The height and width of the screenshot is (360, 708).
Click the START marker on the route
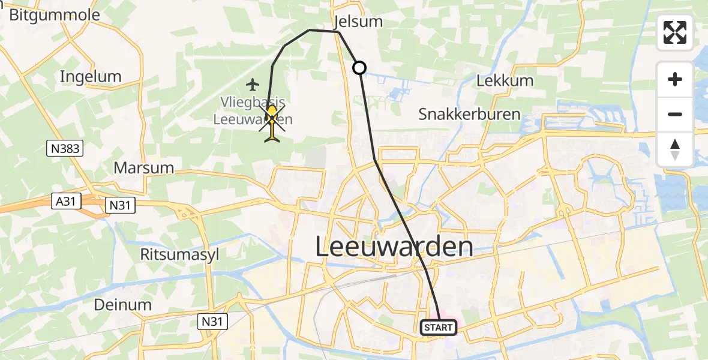439,328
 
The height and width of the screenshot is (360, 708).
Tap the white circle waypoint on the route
359,68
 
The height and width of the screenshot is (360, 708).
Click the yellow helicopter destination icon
272,123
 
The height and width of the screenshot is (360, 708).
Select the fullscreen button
675,32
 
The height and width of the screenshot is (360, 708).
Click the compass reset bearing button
675,149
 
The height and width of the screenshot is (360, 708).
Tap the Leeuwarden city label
394,247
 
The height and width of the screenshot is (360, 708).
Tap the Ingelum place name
91,76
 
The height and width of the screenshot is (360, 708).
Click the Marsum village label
143,168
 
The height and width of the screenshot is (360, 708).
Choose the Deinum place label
123,304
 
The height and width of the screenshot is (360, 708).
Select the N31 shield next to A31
120,205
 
